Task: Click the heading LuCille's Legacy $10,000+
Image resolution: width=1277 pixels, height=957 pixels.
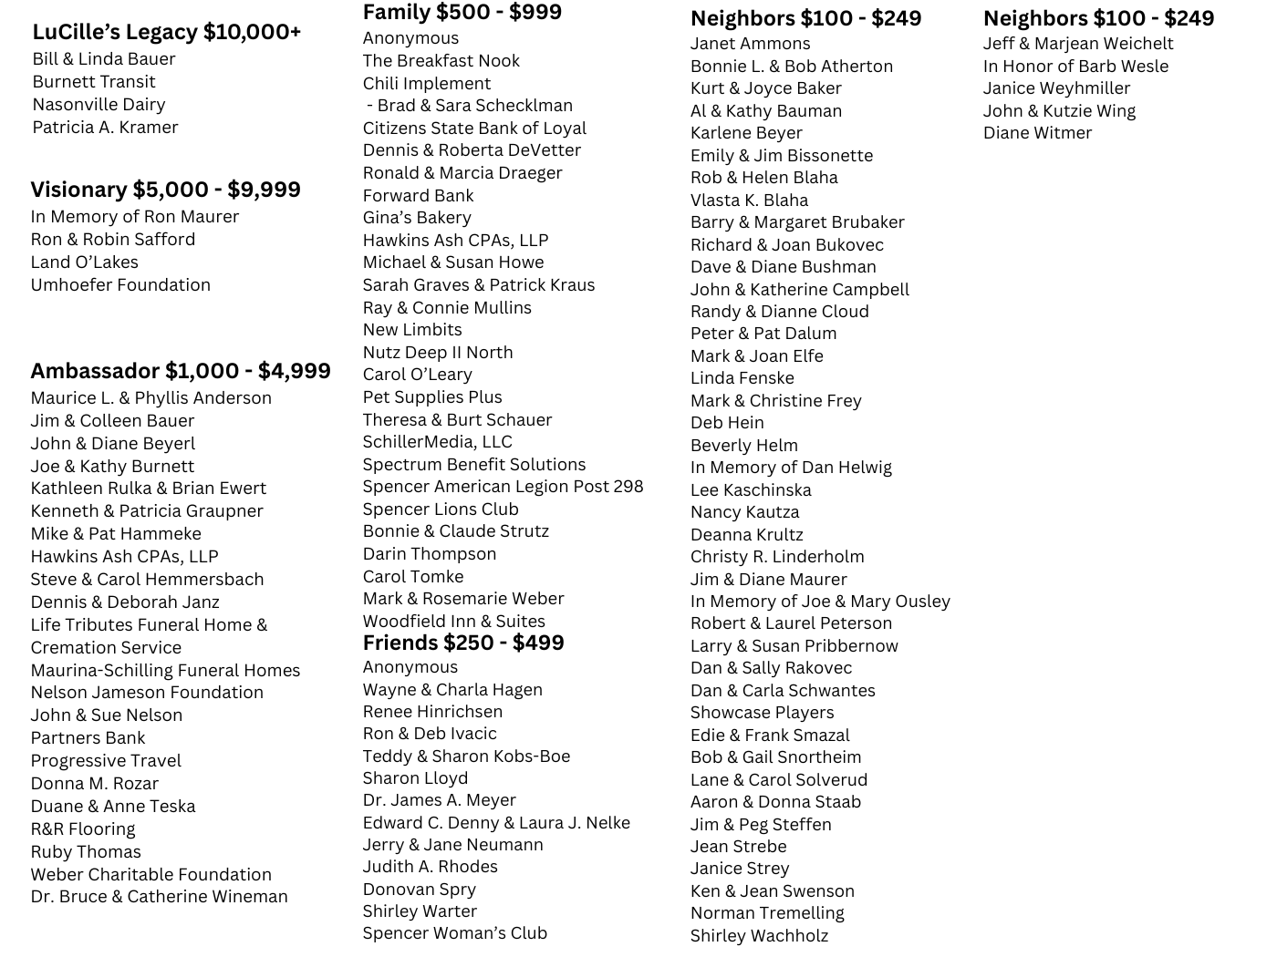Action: point(166,32)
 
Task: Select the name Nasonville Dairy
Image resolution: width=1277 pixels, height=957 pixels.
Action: point(99,105)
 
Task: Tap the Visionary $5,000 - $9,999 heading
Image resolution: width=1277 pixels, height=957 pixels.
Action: point(165,190)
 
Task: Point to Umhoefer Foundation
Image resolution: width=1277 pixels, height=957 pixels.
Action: point(120,285)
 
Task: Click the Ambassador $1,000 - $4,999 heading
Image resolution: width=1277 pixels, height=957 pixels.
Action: point(181,371)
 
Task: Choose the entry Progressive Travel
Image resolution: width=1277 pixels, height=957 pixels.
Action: point(106,761)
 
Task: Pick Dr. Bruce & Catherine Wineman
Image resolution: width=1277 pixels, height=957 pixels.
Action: point(159,897)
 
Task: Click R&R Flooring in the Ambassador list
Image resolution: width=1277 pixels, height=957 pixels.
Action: point(82,829)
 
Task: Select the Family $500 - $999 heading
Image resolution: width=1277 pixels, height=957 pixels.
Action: point(462,13)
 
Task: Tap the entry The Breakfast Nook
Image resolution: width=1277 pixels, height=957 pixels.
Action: point(441,61)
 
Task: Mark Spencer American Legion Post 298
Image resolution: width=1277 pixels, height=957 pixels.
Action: point(503,487)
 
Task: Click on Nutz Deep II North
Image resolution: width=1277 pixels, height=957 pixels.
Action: point(437,353)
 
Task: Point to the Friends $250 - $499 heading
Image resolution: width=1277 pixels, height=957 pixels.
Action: point(462,643)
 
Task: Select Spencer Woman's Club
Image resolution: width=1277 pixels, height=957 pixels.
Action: point(454,933)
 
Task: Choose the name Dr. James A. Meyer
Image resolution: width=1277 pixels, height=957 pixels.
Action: point(439,800)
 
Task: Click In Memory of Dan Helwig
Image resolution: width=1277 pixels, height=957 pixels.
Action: point(791,468)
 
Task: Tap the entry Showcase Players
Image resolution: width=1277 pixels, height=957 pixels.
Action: point(762,713)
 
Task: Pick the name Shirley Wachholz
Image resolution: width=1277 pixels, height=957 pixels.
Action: point(759,936)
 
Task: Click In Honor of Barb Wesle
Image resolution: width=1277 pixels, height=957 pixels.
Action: point(1075,67)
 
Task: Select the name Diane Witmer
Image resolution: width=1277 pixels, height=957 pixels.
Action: point(1037,133)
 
